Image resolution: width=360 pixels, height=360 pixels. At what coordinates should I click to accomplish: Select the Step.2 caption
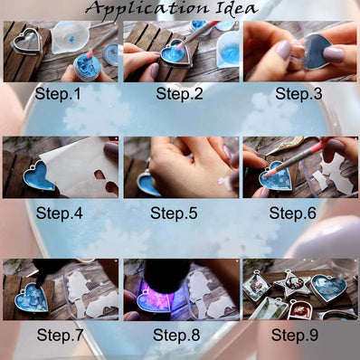(x=178, y=93)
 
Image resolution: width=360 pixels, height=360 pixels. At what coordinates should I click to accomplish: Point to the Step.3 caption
(x=298, y=93)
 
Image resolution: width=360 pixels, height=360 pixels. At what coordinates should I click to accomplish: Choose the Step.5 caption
(x=178, y=213)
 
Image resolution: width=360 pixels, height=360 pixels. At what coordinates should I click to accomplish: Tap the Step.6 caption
(x=298, y=213)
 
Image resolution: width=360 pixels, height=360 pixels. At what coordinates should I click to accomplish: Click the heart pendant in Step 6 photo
(x=277, y=175)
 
